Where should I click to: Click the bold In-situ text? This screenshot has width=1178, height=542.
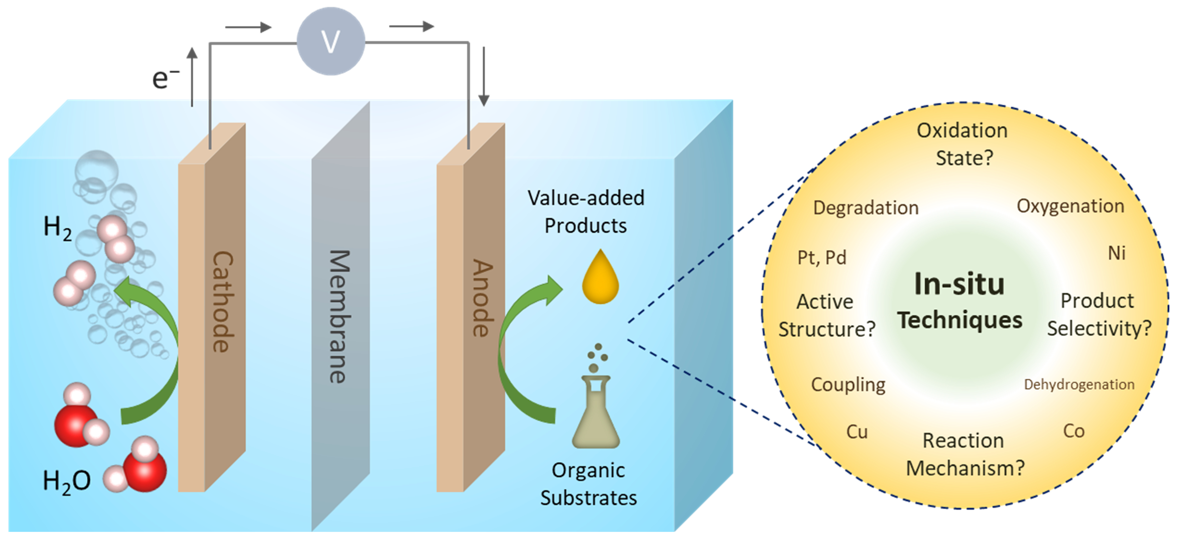coord(959,284)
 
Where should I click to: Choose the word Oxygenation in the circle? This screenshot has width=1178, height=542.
coord(1070,206)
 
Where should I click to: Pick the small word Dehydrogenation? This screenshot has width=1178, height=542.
coord(1079,384)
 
